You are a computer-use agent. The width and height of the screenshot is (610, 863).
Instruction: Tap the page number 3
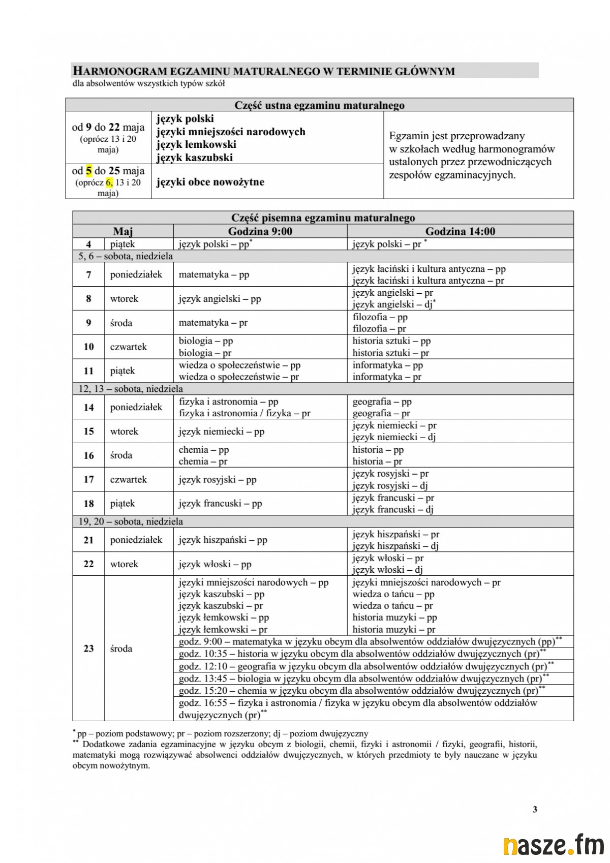535,809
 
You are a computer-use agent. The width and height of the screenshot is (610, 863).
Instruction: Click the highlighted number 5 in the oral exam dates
88,171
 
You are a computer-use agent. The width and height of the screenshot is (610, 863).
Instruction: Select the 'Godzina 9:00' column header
260,232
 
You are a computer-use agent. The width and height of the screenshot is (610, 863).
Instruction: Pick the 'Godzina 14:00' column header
460,232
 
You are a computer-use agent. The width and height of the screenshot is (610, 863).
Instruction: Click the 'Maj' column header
123,232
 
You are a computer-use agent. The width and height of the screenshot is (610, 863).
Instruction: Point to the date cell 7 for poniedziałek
88,274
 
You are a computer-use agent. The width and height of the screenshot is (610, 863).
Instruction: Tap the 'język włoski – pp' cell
215,564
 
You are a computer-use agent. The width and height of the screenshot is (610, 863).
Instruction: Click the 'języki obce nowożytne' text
210,182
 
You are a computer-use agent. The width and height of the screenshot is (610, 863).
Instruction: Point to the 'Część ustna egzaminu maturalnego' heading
319,105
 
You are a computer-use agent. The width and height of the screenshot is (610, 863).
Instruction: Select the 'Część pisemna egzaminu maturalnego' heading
323,218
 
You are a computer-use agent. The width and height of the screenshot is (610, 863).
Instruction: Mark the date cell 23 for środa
88,649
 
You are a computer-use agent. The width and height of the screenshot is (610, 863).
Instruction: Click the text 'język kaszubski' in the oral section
195,158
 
